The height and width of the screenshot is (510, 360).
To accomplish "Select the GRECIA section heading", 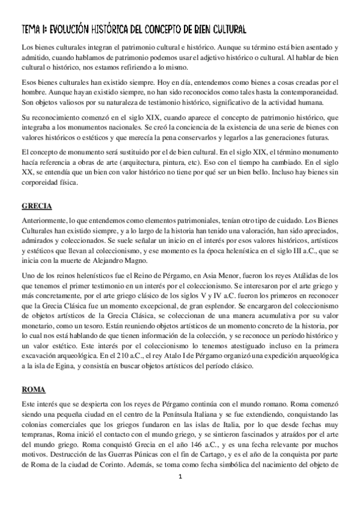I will pos(38,204).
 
